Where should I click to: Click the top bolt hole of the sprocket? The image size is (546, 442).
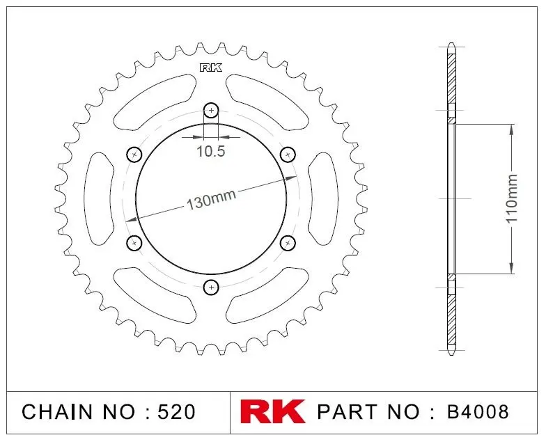[211, 111]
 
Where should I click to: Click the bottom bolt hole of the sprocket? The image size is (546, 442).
[211, 287]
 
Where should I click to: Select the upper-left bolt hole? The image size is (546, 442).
[134, 155]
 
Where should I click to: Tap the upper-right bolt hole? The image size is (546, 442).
[288, 155]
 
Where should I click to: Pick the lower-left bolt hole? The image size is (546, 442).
[134, 243]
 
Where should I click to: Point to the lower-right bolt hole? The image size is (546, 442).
[288, 242]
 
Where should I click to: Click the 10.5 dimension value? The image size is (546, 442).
[211, 152]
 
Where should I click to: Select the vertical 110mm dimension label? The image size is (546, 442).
[511, 199]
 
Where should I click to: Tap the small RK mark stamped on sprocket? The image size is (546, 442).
[210, 68]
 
